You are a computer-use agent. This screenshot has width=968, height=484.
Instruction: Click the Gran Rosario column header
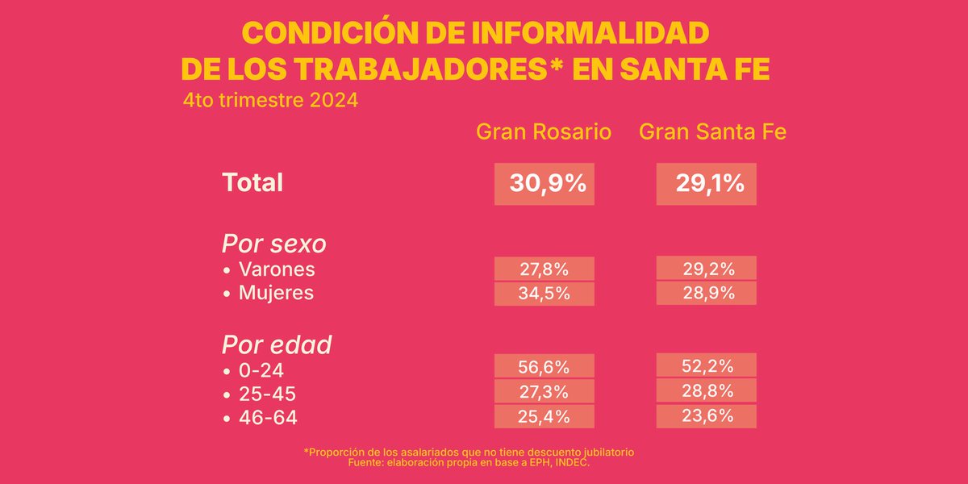click(x=544, y=131)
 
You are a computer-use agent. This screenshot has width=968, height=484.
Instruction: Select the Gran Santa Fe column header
click(x=712, y=131)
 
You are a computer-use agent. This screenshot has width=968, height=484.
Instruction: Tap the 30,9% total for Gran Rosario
click(x=544, y=184)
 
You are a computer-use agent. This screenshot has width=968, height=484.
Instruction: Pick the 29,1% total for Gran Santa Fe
click(x=707, y=184)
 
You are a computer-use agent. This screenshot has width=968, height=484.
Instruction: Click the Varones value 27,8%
click(x=544, y=269)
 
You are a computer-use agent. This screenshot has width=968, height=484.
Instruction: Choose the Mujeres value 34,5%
click(x=544, y=294)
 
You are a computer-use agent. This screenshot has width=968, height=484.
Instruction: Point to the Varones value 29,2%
click(x=707, y=269)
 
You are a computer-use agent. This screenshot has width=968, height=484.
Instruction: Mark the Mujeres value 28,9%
click(x=707, y=293)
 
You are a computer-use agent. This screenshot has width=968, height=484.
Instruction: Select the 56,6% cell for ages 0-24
click(x=544, y=366)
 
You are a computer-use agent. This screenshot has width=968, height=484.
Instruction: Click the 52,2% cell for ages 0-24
click(x=707, y=365)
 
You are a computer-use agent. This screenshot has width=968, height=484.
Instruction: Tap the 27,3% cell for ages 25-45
click(x=544, y=392)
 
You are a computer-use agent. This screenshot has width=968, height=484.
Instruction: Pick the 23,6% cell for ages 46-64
click(x=707, y=416)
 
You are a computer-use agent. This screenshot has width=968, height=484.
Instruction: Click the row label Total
click(x=252, y=182)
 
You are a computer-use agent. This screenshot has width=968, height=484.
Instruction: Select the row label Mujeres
click(x=276, y=292)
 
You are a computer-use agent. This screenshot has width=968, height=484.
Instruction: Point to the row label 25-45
click(x=267, y=394)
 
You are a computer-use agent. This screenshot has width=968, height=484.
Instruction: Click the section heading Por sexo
click(x=273, y=244)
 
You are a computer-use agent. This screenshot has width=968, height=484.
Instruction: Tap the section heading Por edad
click(x=277, y=344)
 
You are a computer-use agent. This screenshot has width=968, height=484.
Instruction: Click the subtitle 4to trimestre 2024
click(x=270, y=102)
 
